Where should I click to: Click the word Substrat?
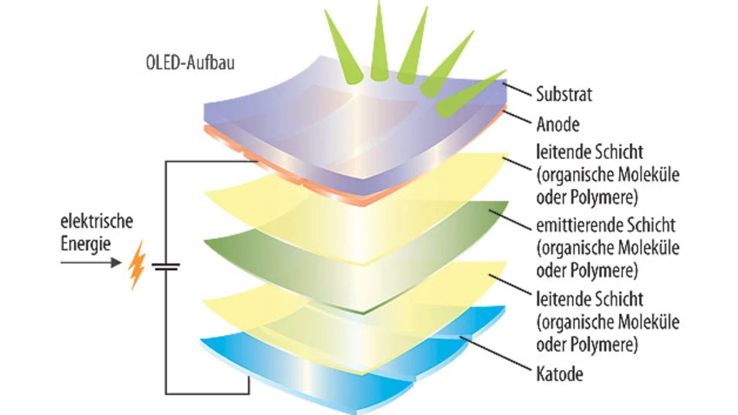tap(564, 94)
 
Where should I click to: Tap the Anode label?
tap(558, 124)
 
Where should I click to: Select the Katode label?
tap(559, 374)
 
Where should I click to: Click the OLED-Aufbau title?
tap(191, 62)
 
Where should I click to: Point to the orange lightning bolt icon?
tap(137, 265)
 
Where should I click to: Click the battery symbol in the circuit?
tap(166, 266)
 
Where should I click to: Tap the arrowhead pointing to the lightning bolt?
tap(116, 263)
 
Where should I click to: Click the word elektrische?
tap(97, 221)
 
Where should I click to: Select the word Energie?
tap(86, 244)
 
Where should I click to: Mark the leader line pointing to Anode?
tap(517, 118)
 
